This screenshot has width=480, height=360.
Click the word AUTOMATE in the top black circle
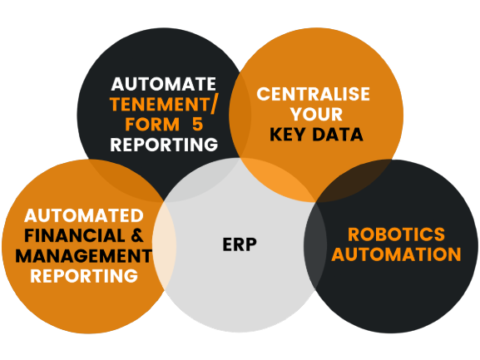point(164,84)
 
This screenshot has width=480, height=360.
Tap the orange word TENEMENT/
point(163,104)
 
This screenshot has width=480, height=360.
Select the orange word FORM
point(152,125)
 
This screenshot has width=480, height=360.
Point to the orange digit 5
point(198,125)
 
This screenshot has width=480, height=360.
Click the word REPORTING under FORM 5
point(164,145)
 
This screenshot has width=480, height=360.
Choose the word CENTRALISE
point(313,94)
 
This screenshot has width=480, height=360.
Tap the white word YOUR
point(316,115)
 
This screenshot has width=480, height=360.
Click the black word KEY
point(287,135)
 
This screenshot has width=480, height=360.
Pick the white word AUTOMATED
point(84,215)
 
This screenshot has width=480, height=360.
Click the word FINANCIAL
point(75,236)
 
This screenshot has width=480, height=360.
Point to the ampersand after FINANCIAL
point(137,236)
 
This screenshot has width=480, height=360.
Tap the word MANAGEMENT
point(84,256)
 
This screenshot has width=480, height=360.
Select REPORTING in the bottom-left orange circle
point(84,276)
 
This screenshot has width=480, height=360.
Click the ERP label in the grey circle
point(240,244)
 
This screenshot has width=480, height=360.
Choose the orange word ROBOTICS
point(396,234)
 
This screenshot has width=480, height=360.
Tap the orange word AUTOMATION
point(396,254)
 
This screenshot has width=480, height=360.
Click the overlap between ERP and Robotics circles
point(315,245)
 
